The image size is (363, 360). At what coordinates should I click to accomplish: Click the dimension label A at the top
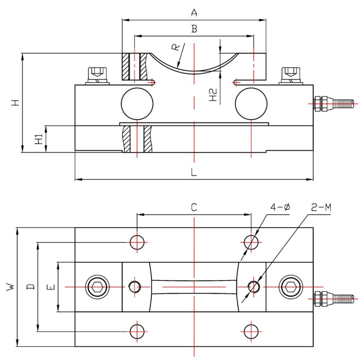[194, 13]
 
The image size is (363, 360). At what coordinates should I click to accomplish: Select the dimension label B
[194, 29]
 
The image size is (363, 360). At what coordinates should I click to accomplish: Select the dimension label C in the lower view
[194, 207]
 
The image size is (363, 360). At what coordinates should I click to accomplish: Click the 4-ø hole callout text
[280, 207]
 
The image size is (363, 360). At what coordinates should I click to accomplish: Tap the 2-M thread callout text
[321, 207]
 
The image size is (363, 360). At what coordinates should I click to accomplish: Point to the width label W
[10, 287]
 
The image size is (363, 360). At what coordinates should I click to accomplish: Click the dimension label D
[31, 287]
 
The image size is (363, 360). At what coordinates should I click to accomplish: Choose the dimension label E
[51, 287]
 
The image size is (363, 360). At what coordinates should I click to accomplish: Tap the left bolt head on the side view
[97, 75]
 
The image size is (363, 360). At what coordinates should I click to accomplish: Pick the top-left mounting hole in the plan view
[137, 242]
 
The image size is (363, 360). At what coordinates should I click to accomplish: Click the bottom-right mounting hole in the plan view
[251, 331]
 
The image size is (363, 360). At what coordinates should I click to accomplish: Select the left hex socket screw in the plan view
[97, 287]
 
